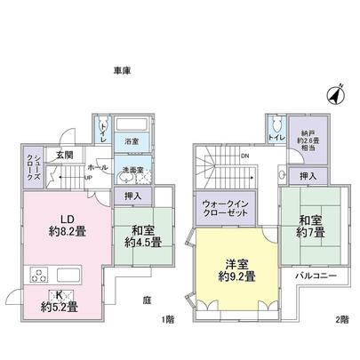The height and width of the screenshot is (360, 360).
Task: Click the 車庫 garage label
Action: (122, 70)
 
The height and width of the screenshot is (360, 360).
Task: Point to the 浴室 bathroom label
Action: (132, 141)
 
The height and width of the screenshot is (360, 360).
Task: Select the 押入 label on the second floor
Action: (307, 176)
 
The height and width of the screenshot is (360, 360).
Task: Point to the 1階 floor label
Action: (166, 320)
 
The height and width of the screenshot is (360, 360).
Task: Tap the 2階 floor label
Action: (342, 320)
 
